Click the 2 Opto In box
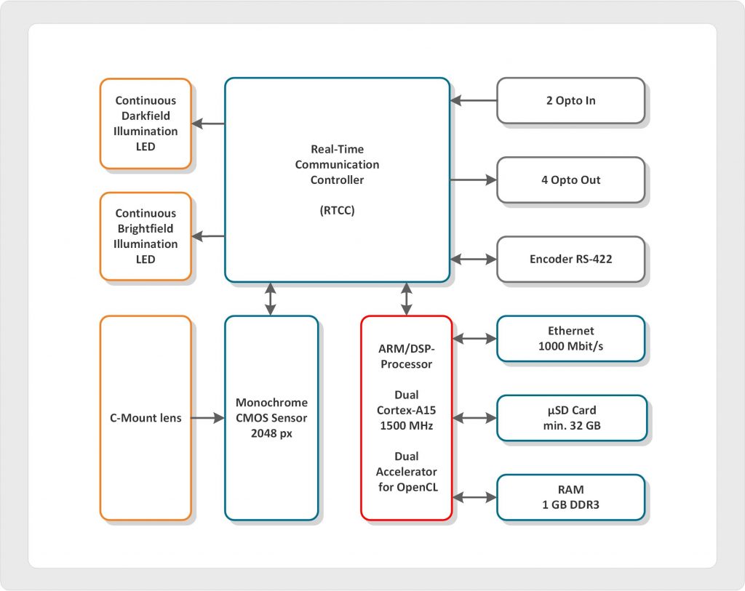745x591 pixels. coord(570,101)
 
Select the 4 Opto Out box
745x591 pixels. coord(570,180)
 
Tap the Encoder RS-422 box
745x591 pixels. coord(570,259)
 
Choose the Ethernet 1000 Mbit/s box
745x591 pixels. coord(570,339)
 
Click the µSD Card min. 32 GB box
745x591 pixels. coord(570,418)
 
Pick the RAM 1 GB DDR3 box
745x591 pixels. coord(570,497)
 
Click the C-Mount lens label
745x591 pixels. coord(146,418)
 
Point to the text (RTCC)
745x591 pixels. coord(337,211)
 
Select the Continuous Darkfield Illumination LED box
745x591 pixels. coord(146,124)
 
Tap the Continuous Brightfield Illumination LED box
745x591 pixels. coord(146,236)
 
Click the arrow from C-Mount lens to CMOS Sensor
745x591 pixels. coord(208,418)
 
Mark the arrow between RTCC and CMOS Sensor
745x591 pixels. coord(271,299)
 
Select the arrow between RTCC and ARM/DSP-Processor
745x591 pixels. coord(406,299)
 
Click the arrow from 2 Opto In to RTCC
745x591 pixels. coord(473,100)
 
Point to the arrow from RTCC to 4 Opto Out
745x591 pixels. coord(473,180)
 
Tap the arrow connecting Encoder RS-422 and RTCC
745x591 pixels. coord(473,259)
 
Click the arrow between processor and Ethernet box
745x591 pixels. coord(474,339)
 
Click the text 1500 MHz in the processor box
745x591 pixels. coord(406,426)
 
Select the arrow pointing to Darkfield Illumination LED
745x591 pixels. coord(208,124)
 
